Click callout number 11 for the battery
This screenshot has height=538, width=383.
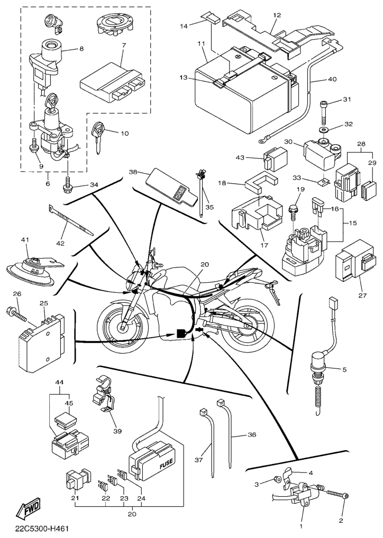(x=200, y=42)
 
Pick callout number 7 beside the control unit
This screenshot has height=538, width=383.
(x=123, y=45)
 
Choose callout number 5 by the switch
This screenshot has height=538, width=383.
(x=344, y=369)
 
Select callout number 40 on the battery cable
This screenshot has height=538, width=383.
(x=332, y=80)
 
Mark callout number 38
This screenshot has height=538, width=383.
(x=133, y=172)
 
